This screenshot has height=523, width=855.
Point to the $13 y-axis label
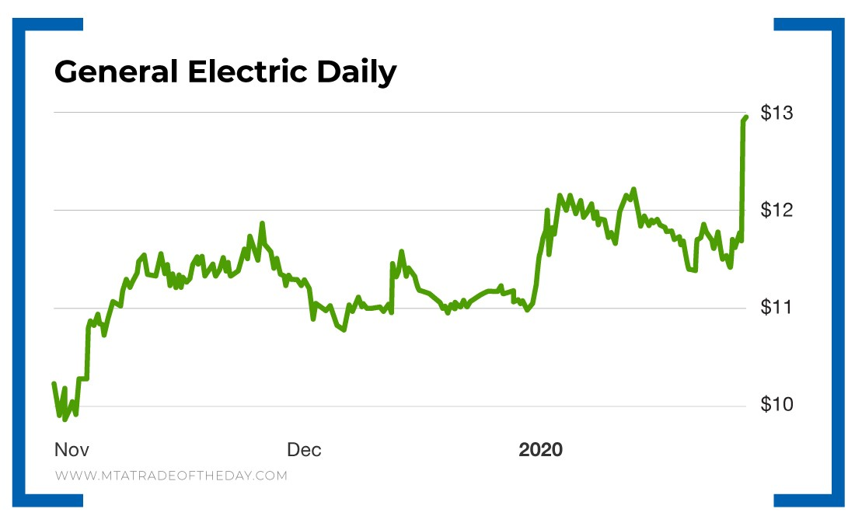tap(776, 113)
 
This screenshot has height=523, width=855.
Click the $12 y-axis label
tap(776, 211)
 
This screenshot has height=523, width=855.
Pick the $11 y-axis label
tap(776, 308)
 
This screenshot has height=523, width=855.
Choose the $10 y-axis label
tap(776, 405)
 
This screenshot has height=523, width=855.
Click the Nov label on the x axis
tap(72, 450)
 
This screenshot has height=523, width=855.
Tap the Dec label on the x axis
tap(304, 450)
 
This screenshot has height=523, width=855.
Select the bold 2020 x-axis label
tap(541, 450)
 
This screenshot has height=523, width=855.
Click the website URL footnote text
tap(171, 476)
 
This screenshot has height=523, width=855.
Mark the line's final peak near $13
tap(745, 117)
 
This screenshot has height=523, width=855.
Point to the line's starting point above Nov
tap(54, 383)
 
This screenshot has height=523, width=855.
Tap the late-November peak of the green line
tap(262, 223)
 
